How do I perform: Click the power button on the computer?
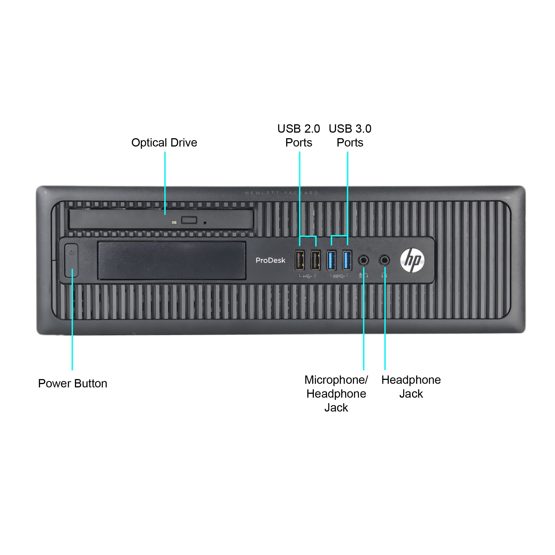tap(71, 261)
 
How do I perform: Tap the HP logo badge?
tap(412, 260)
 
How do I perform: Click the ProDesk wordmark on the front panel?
tap(270, 260)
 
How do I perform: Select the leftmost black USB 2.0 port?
tap(300, 260)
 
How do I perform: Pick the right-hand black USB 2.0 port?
tap(316, 260)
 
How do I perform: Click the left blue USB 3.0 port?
tap(331, 260)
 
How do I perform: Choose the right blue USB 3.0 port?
tap(347, 260)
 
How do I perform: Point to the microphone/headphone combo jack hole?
tap(364, 261)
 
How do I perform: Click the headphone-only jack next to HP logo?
tap(384, 261)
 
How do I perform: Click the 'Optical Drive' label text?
tap(164, 142)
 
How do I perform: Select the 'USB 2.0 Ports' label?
tap(299, 136)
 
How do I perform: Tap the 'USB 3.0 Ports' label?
tap(350, 136)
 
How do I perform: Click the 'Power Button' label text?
tap(73, 384)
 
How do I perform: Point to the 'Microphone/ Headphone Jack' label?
tap(336, 393)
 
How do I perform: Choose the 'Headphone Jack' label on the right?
tap(411, 387)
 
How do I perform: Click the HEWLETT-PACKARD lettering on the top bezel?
tap(282, 193)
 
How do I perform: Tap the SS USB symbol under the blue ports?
tap(339, 276)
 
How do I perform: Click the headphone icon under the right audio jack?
tap(384, 275)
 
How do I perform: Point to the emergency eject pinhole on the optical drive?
tap(205, 223)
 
